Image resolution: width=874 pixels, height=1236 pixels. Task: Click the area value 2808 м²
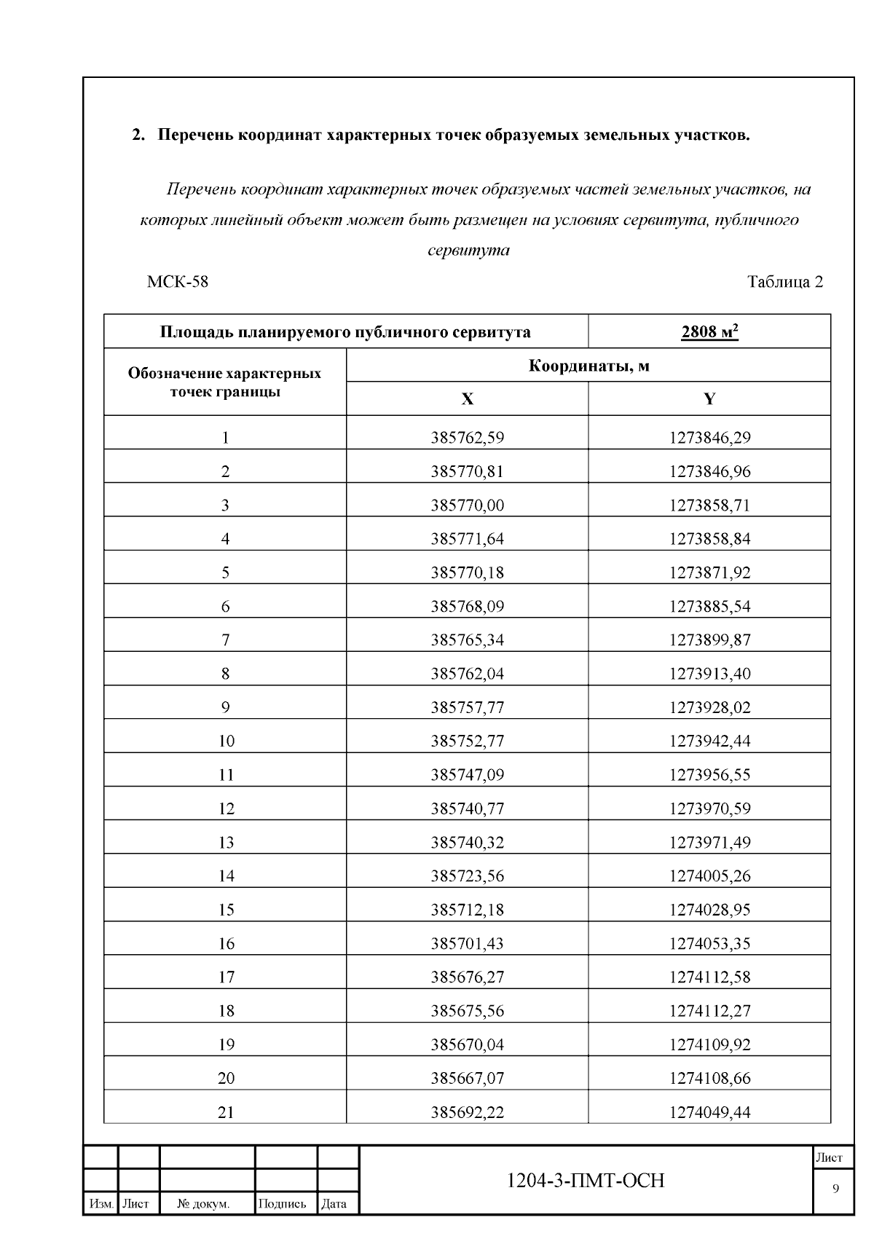[709, 332]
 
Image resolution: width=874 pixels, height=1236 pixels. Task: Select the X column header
[467, 399]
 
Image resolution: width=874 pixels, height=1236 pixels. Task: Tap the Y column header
[709, 399]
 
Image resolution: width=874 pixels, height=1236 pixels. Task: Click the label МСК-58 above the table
[177, 282]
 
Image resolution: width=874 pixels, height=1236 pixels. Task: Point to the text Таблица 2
[784, 282]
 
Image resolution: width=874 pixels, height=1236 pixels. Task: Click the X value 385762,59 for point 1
[467, 438]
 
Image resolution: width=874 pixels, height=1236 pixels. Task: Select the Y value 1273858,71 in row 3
[709, 505]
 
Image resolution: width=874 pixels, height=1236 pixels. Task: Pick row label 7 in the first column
[225, 640]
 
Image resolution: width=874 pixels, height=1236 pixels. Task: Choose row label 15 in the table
[226, 910]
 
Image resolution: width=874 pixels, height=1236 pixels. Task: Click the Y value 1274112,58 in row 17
[709, 977]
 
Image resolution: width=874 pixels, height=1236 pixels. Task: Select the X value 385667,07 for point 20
[467, 1078]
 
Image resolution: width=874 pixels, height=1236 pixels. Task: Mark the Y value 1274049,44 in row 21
[709, 1112]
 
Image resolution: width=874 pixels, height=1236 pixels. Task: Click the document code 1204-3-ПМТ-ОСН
[586, 1181]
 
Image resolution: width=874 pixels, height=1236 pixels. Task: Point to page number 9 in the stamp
[835, 1189]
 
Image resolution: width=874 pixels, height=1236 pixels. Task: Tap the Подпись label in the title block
[282, 1204]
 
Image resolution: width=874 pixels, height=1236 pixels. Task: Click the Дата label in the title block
[334, 1204]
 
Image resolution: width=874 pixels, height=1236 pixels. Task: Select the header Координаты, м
[588, 366]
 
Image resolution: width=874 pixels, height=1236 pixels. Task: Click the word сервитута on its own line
[468, 251]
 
